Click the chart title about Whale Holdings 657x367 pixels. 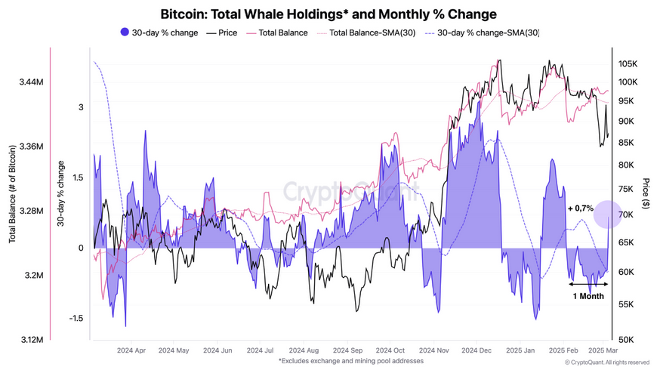coord(328,14)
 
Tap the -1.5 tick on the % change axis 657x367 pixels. coord(75,319)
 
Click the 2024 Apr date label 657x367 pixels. coord(131,351)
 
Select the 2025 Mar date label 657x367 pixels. coord(603,351)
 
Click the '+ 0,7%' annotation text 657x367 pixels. coord(580,208)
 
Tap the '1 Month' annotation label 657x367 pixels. coord(588,297)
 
